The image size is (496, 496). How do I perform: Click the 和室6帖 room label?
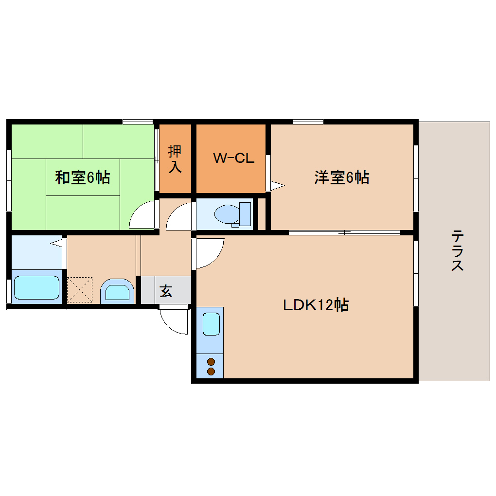tap(82, 177)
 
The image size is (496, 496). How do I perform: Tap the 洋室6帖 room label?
tap(341, 177)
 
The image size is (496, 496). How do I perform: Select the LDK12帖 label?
tap(316, 305)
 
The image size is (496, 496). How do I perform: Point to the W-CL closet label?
tap(233, 158)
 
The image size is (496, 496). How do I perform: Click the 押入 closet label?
tap(175, 159)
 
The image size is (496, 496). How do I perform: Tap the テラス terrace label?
tap(457, 250)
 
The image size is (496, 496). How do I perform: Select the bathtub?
tap(36, 287)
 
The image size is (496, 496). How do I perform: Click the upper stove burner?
tap(211, 361)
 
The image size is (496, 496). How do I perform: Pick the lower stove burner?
tap(211, 372)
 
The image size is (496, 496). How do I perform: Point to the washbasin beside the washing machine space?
tap(117, 293)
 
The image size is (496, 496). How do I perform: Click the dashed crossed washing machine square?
tap(79, 289)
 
